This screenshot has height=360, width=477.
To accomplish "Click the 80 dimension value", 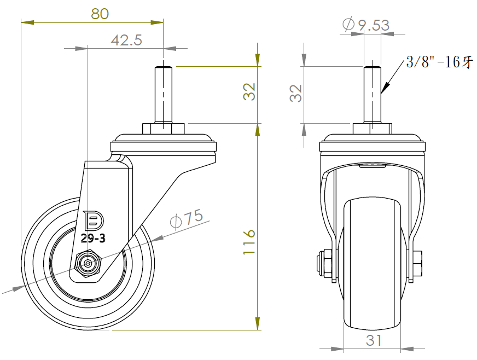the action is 100,14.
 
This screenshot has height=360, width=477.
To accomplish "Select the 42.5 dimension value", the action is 126,40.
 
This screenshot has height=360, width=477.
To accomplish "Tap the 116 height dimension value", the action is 249,242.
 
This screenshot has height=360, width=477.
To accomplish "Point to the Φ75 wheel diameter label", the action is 187,218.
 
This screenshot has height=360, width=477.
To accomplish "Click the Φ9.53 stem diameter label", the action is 366,25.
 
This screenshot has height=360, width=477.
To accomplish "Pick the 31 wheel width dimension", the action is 374,340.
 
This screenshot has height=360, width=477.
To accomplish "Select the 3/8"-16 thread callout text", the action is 440,62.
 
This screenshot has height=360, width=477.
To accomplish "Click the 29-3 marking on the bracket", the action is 93,238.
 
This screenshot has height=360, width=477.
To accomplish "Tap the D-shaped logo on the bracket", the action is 94,220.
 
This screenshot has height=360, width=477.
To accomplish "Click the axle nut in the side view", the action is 88,264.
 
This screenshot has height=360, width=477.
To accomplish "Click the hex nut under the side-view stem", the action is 164,129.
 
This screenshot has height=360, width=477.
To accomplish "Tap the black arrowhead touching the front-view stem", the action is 385,88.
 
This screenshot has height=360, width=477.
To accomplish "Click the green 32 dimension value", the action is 249,91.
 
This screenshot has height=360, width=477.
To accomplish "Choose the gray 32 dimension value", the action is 296,93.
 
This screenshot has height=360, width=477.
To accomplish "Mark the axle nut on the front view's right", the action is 417,264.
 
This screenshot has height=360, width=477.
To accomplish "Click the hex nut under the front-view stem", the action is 373,129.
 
